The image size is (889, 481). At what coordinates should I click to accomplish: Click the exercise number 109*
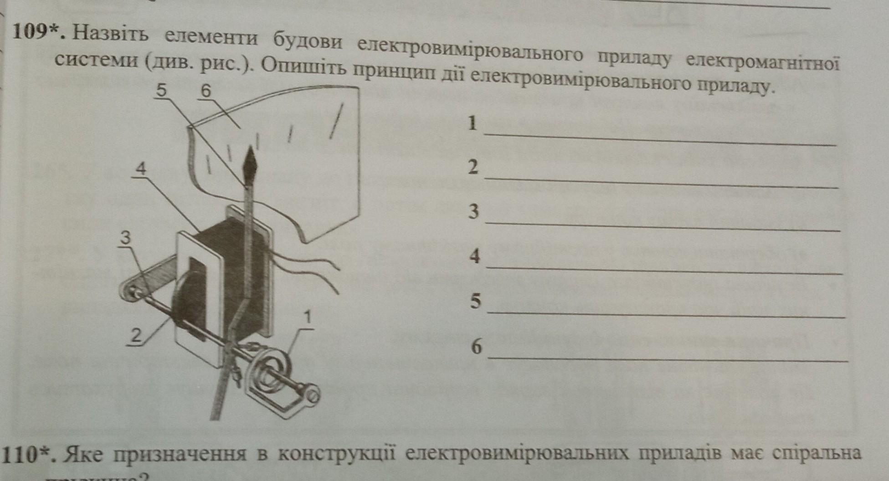(39, 32)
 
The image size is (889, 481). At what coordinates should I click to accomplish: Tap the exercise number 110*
(30, 454)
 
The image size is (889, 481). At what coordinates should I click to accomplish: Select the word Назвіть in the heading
(110, 34)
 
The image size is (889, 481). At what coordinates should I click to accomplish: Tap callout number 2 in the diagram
(136, 335)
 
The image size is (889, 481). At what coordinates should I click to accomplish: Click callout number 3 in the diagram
(125, 237)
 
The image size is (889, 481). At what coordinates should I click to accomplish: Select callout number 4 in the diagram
(142, 169)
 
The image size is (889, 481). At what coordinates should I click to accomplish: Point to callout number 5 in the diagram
(162, 90)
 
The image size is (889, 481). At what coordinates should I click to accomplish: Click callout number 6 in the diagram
(206, 91)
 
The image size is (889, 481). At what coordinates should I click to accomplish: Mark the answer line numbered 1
(661, 138)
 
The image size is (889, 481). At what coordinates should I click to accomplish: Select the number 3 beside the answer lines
(474, 211)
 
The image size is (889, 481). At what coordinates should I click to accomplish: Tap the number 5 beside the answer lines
(475, 301)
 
